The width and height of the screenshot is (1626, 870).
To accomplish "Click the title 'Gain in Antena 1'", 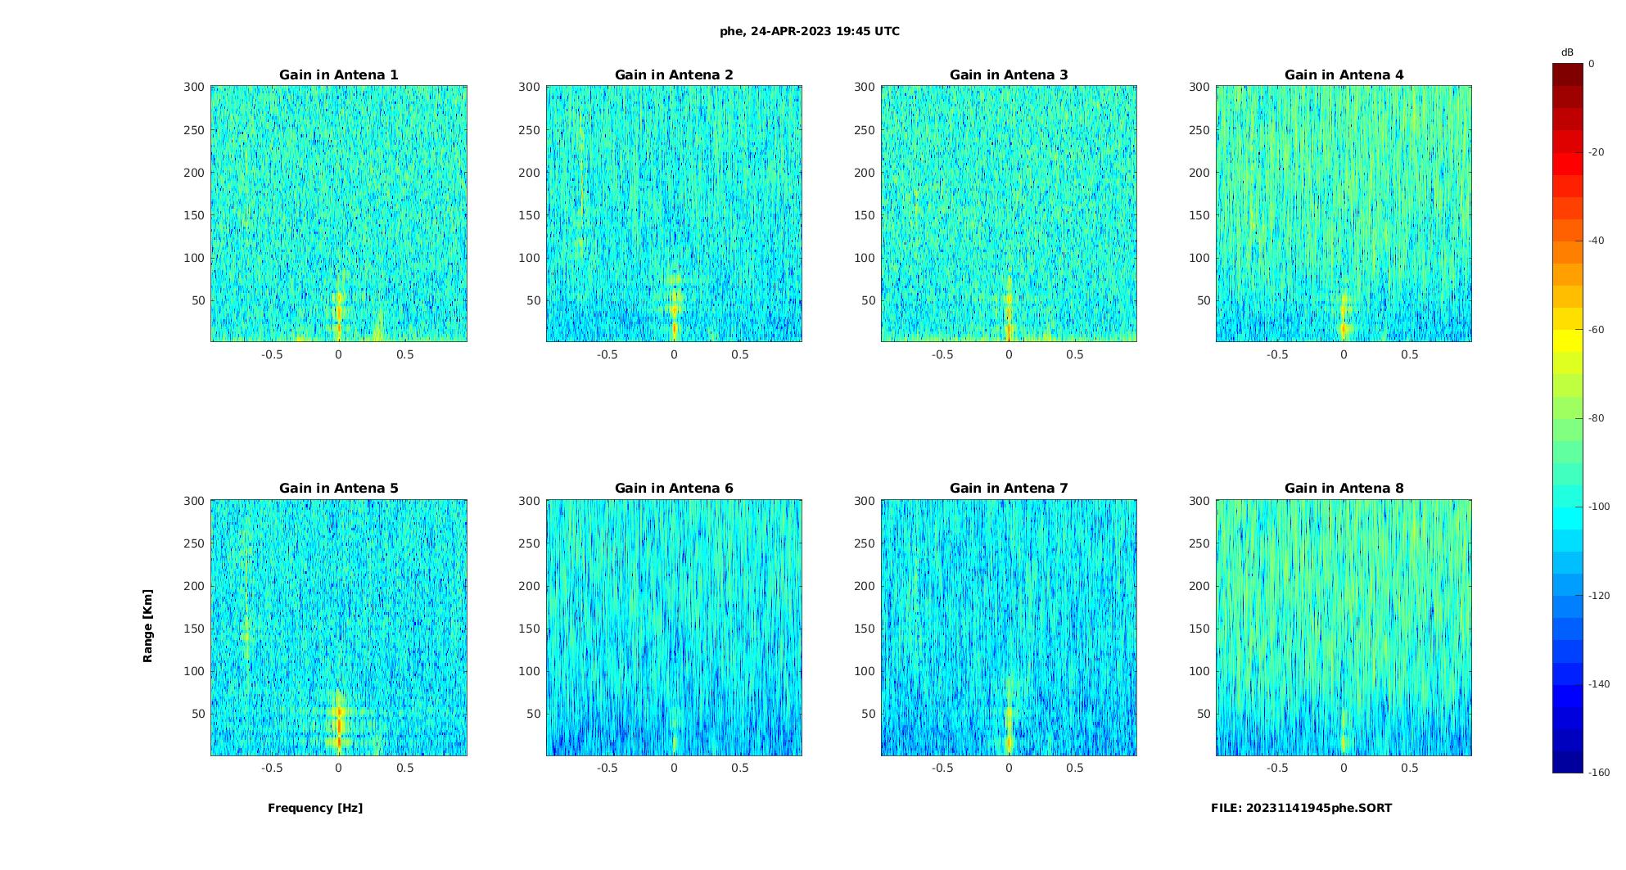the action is (x=338, y=75).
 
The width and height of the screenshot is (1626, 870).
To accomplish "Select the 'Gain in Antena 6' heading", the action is (x=674, y=489).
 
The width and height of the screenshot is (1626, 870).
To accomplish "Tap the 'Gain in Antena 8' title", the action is (x=1344, y=489).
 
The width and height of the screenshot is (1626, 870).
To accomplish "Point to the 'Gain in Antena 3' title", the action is (x=1009, y=75).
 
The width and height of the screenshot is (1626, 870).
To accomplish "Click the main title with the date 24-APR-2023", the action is (x=810, y=31).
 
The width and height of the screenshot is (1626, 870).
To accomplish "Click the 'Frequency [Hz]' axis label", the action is (x=315, y=808).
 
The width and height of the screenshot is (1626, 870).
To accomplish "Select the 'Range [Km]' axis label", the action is (x=147, y=626).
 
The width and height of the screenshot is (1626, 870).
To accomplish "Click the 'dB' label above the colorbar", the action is (x=1567, y=52).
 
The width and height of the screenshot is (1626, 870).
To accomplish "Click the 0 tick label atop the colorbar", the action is (x=1592, y=64).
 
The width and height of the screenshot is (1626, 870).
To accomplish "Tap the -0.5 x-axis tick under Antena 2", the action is (x=607, y=354).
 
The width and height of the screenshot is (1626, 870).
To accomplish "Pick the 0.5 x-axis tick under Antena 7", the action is (x=1075, y=768).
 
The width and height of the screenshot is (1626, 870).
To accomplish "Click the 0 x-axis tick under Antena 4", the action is (x=1344, y=354).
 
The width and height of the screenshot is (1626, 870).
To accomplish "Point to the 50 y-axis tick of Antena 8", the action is (x=1204, y=714).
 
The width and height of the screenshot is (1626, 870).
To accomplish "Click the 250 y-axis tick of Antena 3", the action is (x=864, y=130).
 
